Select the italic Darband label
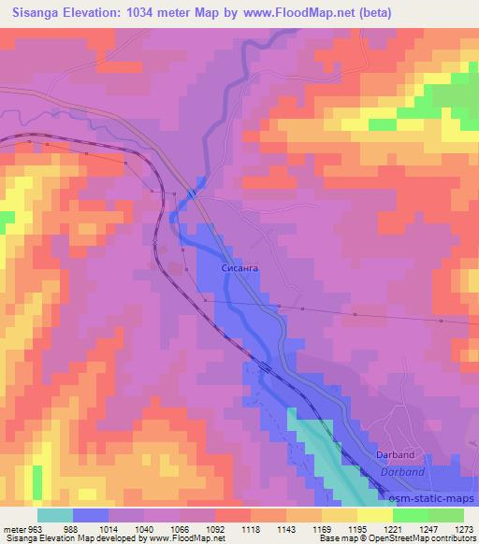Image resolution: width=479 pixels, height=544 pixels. point(402,473)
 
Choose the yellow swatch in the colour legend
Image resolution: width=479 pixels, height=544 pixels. point(374,515)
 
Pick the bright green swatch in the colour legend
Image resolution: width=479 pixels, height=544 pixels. point(412,515)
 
